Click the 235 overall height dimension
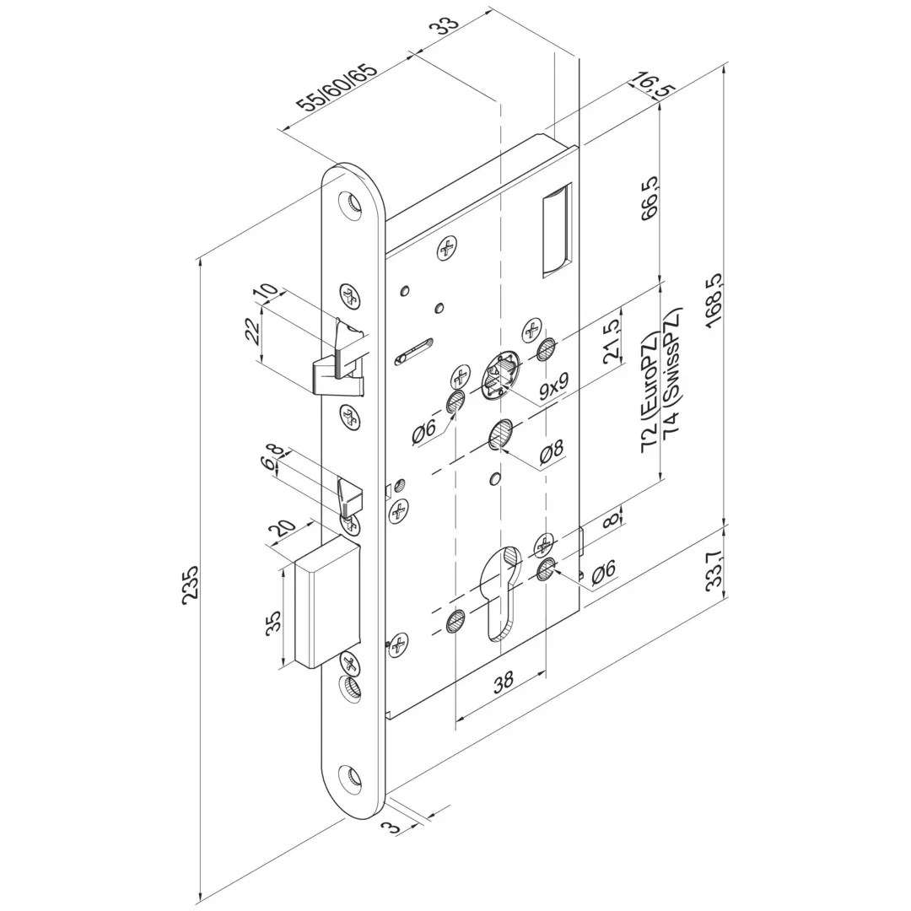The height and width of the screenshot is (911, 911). [x=191, y=583]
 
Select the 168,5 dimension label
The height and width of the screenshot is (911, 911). [x=715, y=301]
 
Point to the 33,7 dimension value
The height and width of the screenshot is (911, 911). [x=715, y=571]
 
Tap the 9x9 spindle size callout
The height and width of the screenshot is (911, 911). [x=553, y=385]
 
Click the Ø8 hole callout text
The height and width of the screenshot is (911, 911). [x=552, y=452]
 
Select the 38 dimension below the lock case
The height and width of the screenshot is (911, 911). [x=503, y=681]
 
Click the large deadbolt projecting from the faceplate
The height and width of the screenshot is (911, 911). [x=326, y=603]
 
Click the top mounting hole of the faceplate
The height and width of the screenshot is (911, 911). [x=351, y=204]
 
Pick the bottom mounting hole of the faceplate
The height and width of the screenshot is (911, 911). [x=351, y=776]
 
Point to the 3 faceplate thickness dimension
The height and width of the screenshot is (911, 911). [x=395, y=825]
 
